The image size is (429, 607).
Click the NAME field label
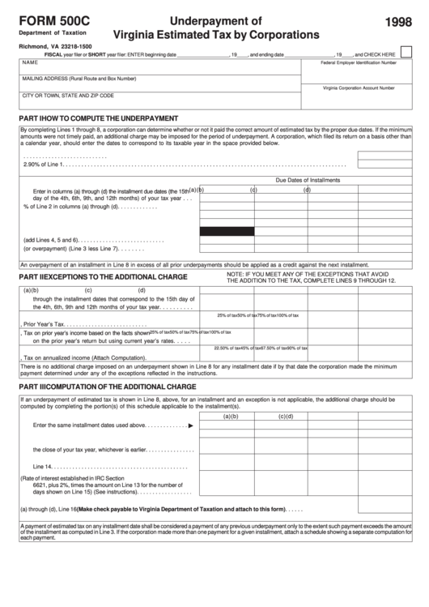30,62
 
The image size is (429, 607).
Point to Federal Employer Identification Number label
359,62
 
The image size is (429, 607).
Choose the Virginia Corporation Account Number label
359,88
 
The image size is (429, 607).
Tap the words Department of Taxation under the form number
49,34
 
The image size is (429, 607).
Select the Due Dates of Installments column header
308,180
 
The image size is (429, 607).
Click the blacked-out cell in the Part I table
227,231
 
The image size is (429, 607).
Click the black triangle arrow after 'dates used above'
190,425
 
